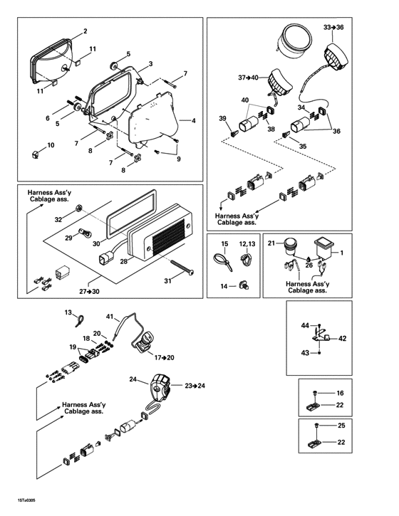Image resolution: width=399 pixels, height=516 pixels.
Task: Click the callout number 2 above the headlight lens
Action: click(x=85, y=31)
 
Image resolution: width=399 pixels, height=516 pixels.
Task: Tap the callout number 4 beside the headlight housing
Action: click(x=193, y=121)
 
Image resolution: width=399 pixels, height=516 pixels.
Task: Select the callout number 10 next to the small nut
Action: click(x=50, y=145)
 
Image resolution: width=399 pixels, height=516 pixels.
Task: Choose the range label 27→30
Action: click(x=89, y=291)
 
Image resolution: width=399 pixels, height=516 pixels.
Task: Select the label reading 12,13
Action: click(x=247, y=245)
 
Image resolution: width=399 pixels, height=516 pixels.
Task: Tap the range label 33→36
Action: click(x=333, y=26)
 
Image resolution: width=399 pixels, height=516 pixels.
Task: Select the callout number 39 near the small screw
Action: click(x=222, y=118)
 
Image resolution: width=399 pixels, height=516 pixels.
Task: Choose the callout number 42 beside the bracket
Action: click(x=342, y=339)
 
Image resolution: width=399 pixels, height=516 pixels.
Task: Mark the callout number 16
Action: click(x=340, y=393)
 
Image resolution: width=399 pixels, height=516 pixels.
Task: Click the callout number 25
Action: click(x=340, y=425)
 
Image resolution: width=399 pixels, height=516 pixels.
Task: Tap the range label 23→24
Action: click(x=194, y=385)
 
